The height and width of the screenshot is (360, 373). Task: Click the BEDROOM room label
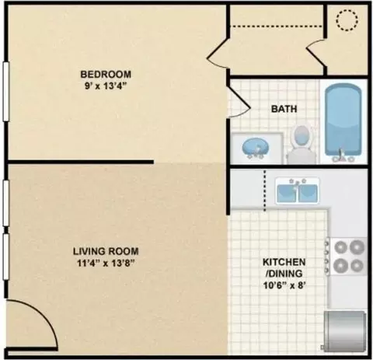tap(106, 75)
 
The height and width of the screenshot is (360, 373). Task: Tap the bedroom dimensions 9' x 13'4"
tap(106, 86)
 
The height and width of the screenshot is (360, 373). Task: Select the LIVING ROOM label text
tap(106, 251)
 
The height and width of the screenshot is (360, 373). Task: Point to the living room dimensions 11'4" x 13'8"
tap(106, 264)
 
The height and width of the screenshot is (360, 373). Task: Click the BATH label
tap(284, 109)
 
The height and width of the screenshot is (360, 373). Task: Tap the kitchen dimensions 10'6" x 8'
tap(283, 285)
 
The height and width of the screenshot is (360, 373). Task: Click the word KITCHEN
tap(284, 262)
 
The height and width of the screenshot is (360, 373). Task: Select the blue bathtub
tap(343, 122)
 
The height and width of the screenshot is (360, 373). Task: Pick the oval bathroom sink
tap(256, 149)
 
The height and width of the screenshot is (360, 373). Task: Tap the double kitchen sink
tap(297, 191)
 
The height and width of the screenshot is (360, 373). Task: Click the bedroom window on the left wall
tap(5, 91)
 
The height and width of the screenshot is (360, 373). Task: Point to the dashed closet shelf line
tap(277, 26)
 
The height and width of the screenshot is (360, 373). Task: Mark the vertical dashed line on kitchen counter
tap(265, 190)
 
